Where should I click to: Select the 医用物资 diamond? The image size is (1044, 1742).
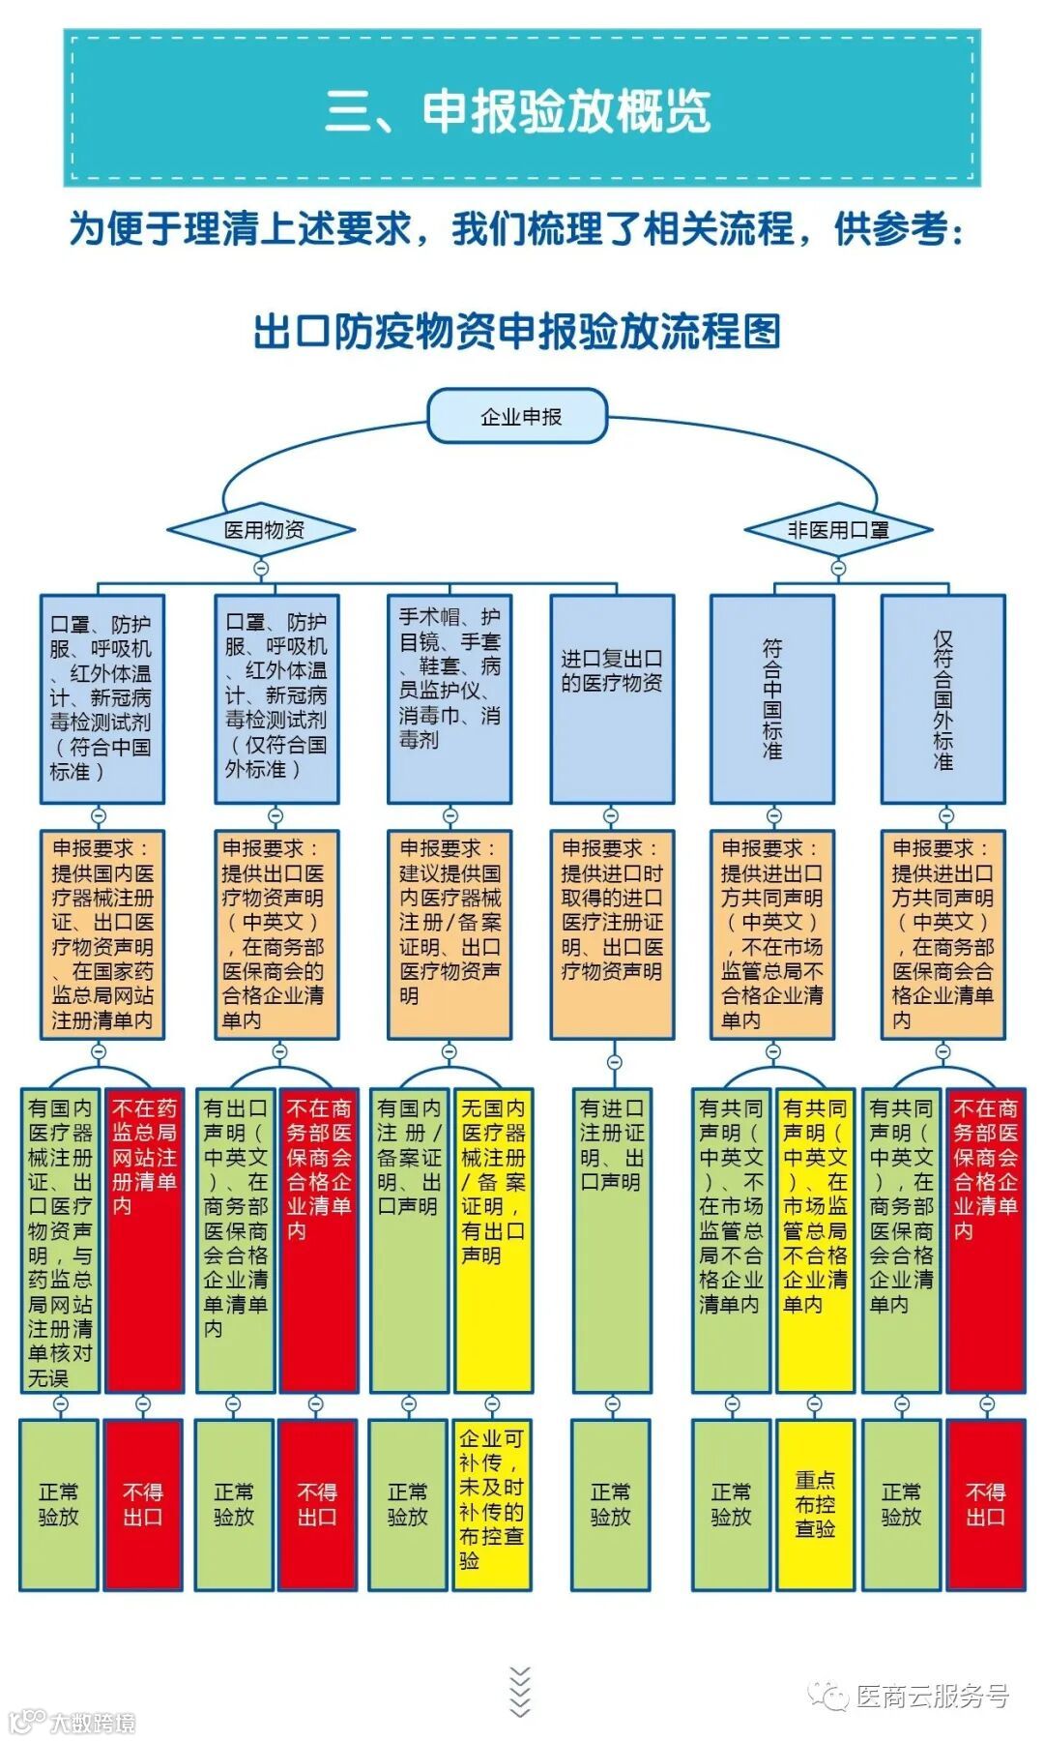(261, 530)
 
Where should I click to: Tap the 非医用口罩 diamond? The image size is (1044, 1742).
(838, 530)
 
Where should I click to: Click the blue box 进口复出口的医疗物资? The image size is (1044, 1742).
(612, 698)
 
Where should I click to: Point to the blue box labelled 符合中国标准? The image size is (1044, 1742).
(772, 698)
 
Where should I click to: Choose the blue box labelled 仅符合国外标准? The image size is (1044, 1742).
(942, 698)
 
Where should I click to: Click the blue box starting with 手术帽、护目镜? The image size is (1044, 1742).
(449, 698)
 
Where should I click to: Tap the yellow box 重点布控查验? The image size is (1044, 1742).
(815, 1504)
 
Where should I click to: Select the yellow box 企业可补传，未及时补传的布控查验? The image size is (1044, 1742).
(492, 1504)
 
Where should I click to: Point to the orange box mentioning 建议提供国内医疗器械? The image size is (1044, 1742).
(449, 934)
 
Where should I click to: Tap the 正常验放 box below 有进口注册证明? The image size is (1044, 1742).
(611, 1504)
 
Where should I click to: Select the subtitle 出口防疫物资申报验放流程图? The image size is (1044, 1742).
(517, 332)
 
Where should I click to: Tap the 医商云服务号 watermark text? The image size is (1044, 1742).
(932, 1696)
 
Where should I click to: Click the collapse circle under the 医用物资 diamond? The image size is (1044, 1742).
(260, 568)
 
